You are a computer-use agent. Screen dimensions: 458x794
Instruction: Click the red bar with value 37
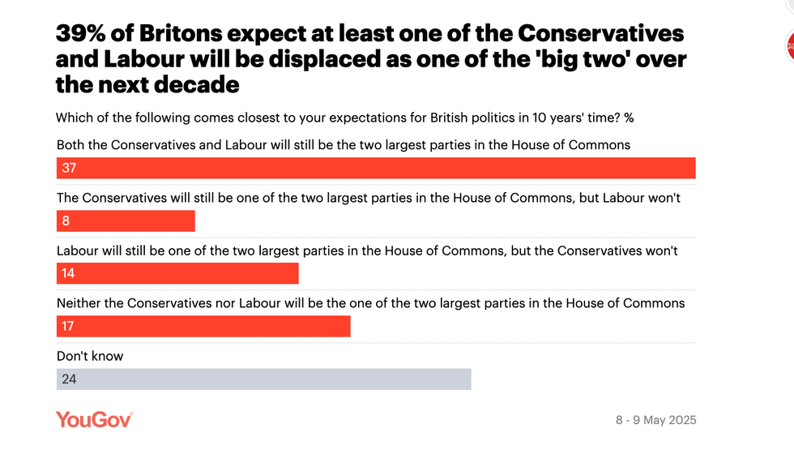point(376,168)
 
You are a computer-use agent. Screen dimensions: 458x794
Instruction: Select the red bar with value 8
point(126,221)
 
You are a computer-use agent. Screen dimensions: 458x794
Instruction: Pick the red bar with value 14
point(177,274)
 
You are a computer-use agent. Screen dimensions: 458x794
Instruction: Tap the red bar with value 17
point(203,327)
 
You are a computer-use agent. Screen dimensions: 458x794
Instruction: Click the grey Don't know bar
point(263,379)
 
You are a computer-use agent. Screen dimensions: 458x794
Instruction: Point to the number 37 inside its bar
point(69,169)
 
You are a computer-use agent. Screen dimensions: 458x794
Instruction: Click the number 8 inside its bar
point(66,221)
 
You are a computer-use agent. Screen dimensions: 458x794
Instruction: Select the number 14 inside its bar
point(68,274)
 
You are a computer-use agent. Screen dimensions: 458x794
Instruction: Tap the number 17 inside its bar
point(68,327)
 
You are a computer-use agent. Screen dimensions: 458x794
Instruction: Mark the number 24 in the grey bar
point(69,379)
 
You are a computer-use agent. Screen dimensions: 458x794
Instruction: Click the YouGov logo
point(94,419)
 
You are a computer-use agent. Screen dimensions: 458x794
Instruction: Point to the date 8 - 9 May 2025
point(655,420)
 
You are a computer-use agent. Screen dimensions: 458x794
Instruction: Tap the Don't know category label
point(90,356)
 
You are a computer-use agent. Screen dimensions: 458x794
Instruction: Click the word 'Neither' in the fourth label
point(79,303)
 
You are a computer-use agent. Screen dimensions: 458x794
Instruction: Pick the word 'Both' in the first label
point(70,145)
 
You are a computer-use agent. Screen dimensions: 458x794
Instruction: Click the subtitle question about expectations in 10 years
point(344,118)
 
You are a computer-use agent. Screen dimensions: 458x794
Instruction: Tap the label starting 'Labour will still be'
point(367,250)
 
